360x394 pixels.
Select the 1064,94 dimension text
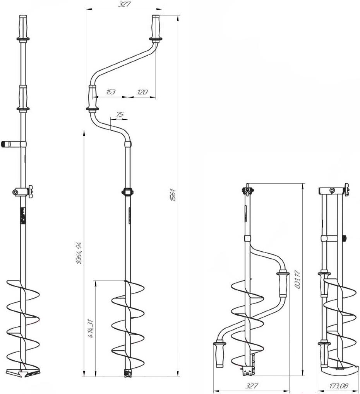coord(79,253)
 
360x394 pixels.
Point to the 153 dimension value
coord(110,92)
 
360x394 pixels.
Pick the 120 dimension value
coord(142,92)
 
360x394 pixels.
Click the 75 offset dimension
coord(120,114)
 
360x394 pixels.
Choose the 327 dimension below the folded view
coord(251,386)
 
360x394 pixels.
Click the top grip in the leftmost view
coord(23,27)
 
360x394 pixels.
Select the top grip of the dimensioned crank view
coord(156,27)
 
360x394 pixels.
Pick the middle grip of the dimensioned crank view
coord(93,97)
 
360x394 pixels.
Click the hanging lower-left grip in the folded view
coord(219,354)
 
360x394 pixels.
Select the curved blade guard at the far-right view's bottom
coord(339,370)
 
